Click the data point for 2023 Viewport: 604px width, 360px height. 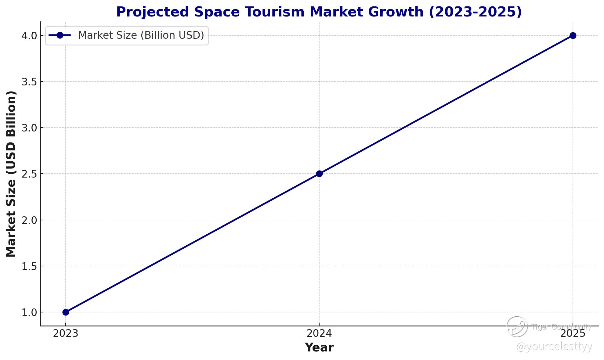(x=66, y=312)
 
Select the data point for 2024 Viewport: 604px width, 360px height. (x=319, y=174)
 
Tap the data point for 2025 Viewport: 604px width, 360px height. (x=573, y=35)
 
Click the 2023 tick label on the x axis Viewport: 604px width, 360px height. (x=66, y=334)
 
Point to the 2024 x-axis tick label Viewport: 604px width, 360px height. (x=319, y=334)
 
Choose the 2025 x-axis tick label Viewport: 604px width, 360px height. (x=573, y=334)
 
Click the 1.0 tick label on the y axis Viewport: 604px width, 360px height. (x=29, y=312)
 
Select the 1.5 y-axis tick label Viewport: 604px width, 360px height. (x=29, y=266)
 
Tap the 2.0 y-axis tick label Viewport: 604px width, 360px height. (x=29, y=220)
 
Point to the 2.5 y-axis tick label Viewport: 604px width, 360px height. (x=29, y=174)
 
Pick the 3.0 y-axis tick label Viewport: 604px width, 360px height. (x=29, y=128)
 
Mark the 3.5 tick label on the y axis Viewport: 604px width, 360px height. (x=29, y=82)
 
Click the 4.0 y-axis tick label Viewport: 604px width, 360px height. (x=29, y=36)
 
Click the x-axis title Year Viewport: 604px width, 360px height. (x=319, y=347)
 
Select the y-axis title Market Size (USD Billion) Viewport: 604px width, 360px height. (x=11, y=174)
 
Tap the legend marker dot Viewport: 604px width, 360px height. (x=60, y=35)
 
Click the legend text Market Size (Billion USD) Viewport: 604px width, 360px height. (x=141, y=35)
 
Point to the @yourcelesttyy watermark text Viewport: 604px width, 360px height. (x=554, y=347)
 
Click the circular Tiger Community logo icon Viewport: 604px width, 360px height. (x=517, y=327)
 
